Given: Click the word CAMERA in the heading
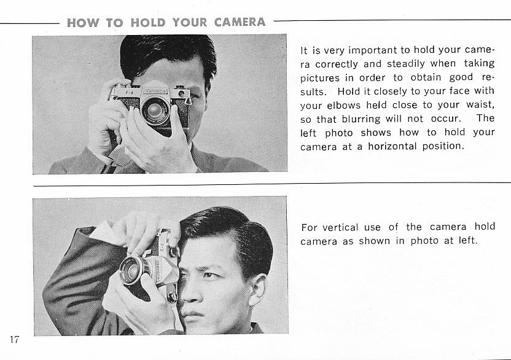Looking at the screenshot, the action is (240, 22).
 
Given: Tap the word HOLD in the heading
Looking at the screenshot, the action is (148, 23).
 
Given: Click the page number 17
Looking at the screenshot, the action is (14, 340).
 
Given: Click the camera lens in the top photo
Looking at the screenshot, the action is (155, 110).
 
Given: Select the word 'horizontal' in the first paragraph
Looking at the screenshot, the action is (392, 146).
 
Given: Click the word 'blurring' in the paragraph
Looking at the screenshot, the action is (361, 119).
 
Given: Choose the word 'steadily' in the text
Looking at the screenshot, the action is (406, 64).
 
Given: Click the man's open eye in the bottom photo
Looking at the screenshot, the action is (209, 276).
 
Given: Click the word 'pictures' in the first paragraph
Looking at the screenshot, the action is (316, 78).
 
